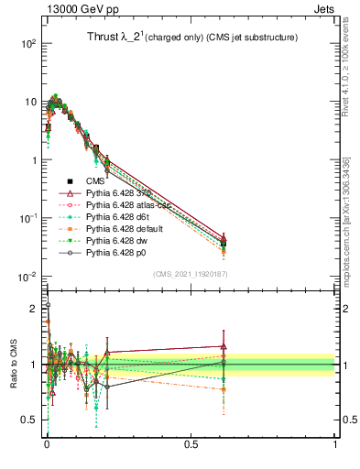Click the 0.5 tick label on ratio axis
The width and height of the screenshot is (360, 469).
click(x=31, y=420)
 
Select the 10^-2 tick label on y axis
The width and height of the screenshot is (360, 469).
click(x=29, y=277)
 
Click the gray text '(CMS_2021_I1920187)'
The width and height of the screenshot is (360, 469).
click(x=190, y=275)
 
